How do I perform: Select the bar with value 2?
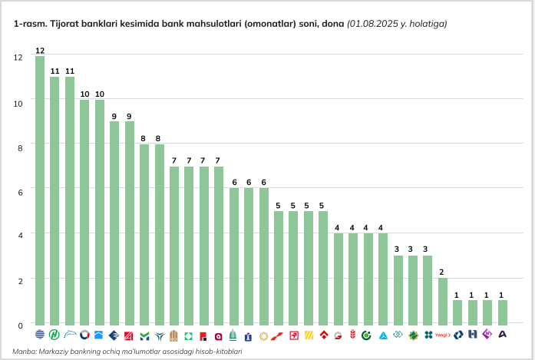[442, 301]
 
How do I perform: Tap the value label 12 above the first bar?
[40, 51]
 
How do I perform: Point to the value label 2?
[442, 272]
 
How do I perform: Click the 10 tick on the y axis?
[18, 102]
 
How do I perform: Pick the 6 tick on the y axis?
[20, 191]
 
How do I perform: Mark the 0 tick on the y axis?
[20, 325]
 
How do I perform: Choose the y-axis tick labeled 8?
[20, 147]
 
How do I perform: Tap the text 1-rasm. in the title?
[28, 24]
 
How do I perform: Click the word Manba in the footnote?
[25, 351]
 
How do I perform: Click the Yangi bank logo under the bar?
[442, 335]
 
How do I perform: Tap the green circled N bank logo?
[54, 335]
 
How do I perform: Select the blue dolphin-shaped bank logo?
[70, 335]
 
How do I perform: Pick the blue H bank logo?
[473, 335]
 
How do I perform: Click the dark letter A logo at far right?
[503, 335]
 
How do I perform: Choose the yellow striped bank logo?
[309, 335]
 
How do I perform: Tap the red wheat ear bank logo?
[353, 335]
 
